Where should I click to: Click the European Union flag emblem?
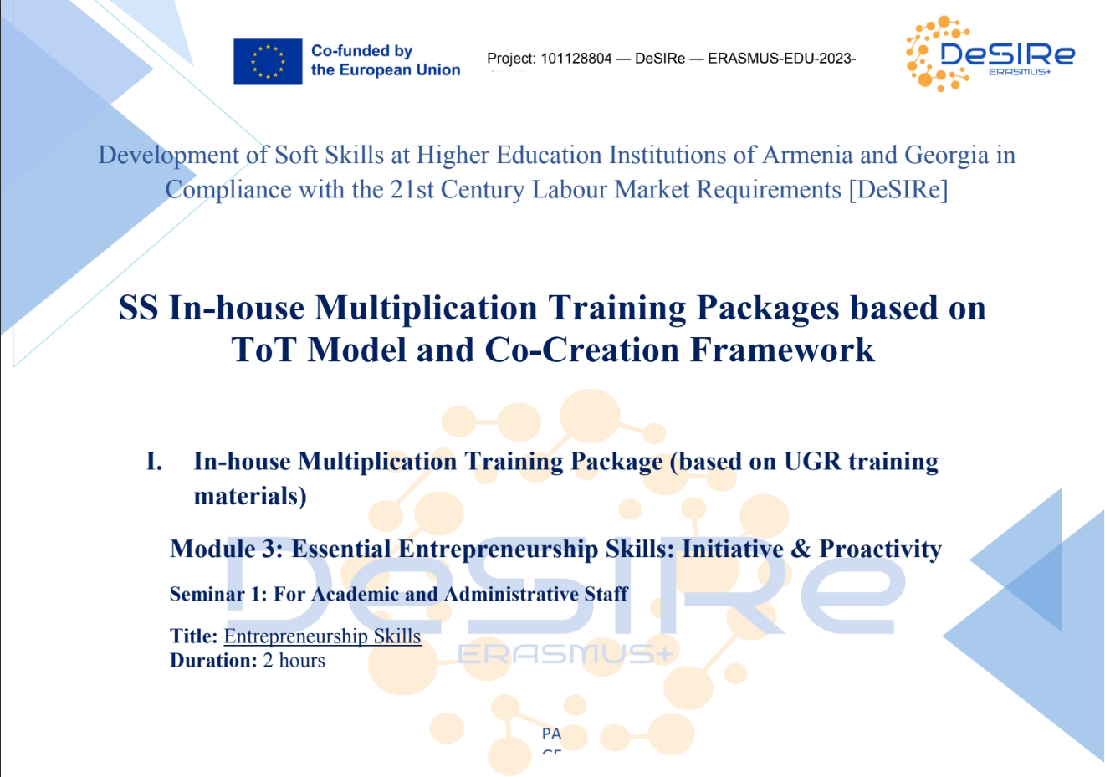268,62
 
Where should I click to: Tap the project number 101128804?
576,59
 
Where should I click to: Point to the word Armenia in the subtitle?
807,155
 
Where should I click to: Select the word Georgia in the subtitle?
946,156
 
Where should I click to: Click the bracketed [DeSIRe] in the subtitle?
898,190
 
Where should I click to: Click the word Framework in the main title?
782,350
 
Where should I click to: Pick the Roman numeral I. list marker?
155,462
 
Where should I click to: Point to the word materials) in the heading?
250,496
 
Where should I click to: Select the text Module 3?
227,549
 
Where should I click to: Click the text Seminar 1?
218,594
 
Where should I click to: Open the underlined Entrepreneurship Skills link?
322,636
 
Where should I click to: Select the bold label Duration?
213,661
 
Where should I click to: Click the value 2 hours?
294,661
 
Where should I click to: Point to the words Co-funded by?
361,51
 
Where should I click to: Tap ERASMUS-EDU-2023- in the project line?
782,59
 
